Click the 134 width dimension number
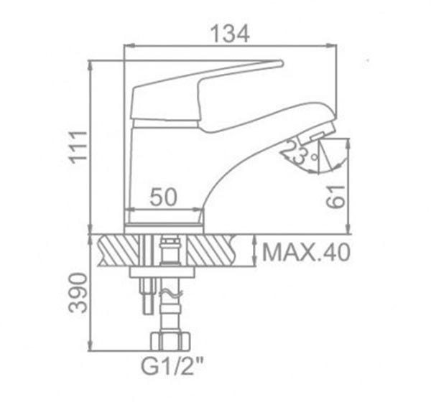coord(230,34)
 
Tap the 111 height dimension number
coord(78,147)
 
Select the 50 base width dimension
coord(164,197)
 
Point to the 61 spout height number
coord(335,197)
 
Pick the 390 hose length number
coord(78,293)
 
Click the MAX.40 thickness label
coord(306,252)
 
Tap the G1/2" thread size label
coord(172,366)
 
